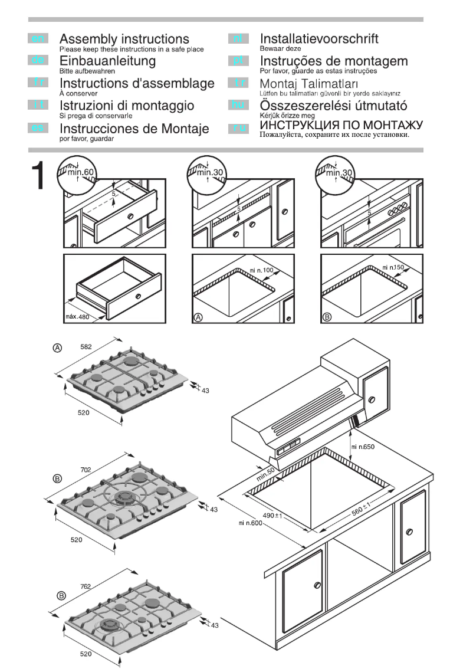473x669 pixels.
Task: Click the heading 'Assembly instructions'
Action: coord(124,40)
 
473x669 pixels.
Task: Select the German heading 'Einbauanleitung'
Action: coord(108,61)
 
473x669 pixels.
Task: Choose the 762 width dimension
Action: coord(85,586)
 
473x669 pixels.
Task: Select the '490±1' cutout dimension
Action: coord(272,516)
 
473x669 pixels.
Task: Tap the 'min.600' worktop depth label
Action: coord(250,523)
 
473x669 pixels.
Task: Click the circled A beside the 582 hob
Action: coord(58,348)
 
